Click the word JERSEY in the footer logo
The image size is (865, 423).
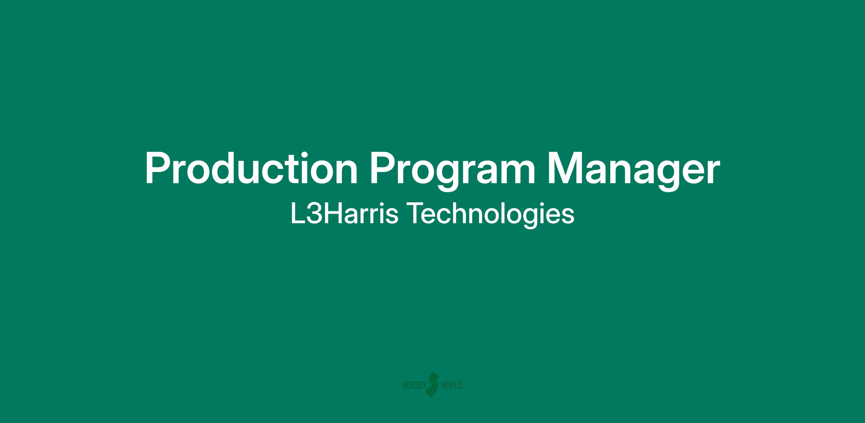coord(414,385)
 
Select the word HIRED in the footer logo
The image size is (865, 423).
coord(452,385)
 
